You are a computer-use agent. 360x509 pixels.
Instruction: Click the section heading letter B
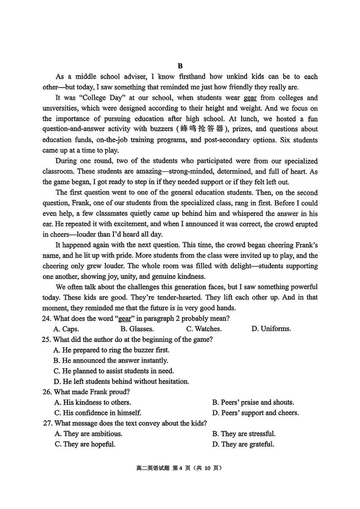(x=180, y=66)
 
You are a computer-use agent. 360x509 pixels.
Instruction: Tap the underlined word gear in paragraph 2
(x=250, y=98)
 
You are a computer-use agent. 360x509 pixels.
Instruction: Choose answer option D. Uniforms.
(x=271, y=329)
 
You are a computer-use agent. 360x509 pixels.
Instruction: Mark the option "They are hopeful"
(x=85, y=444)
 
